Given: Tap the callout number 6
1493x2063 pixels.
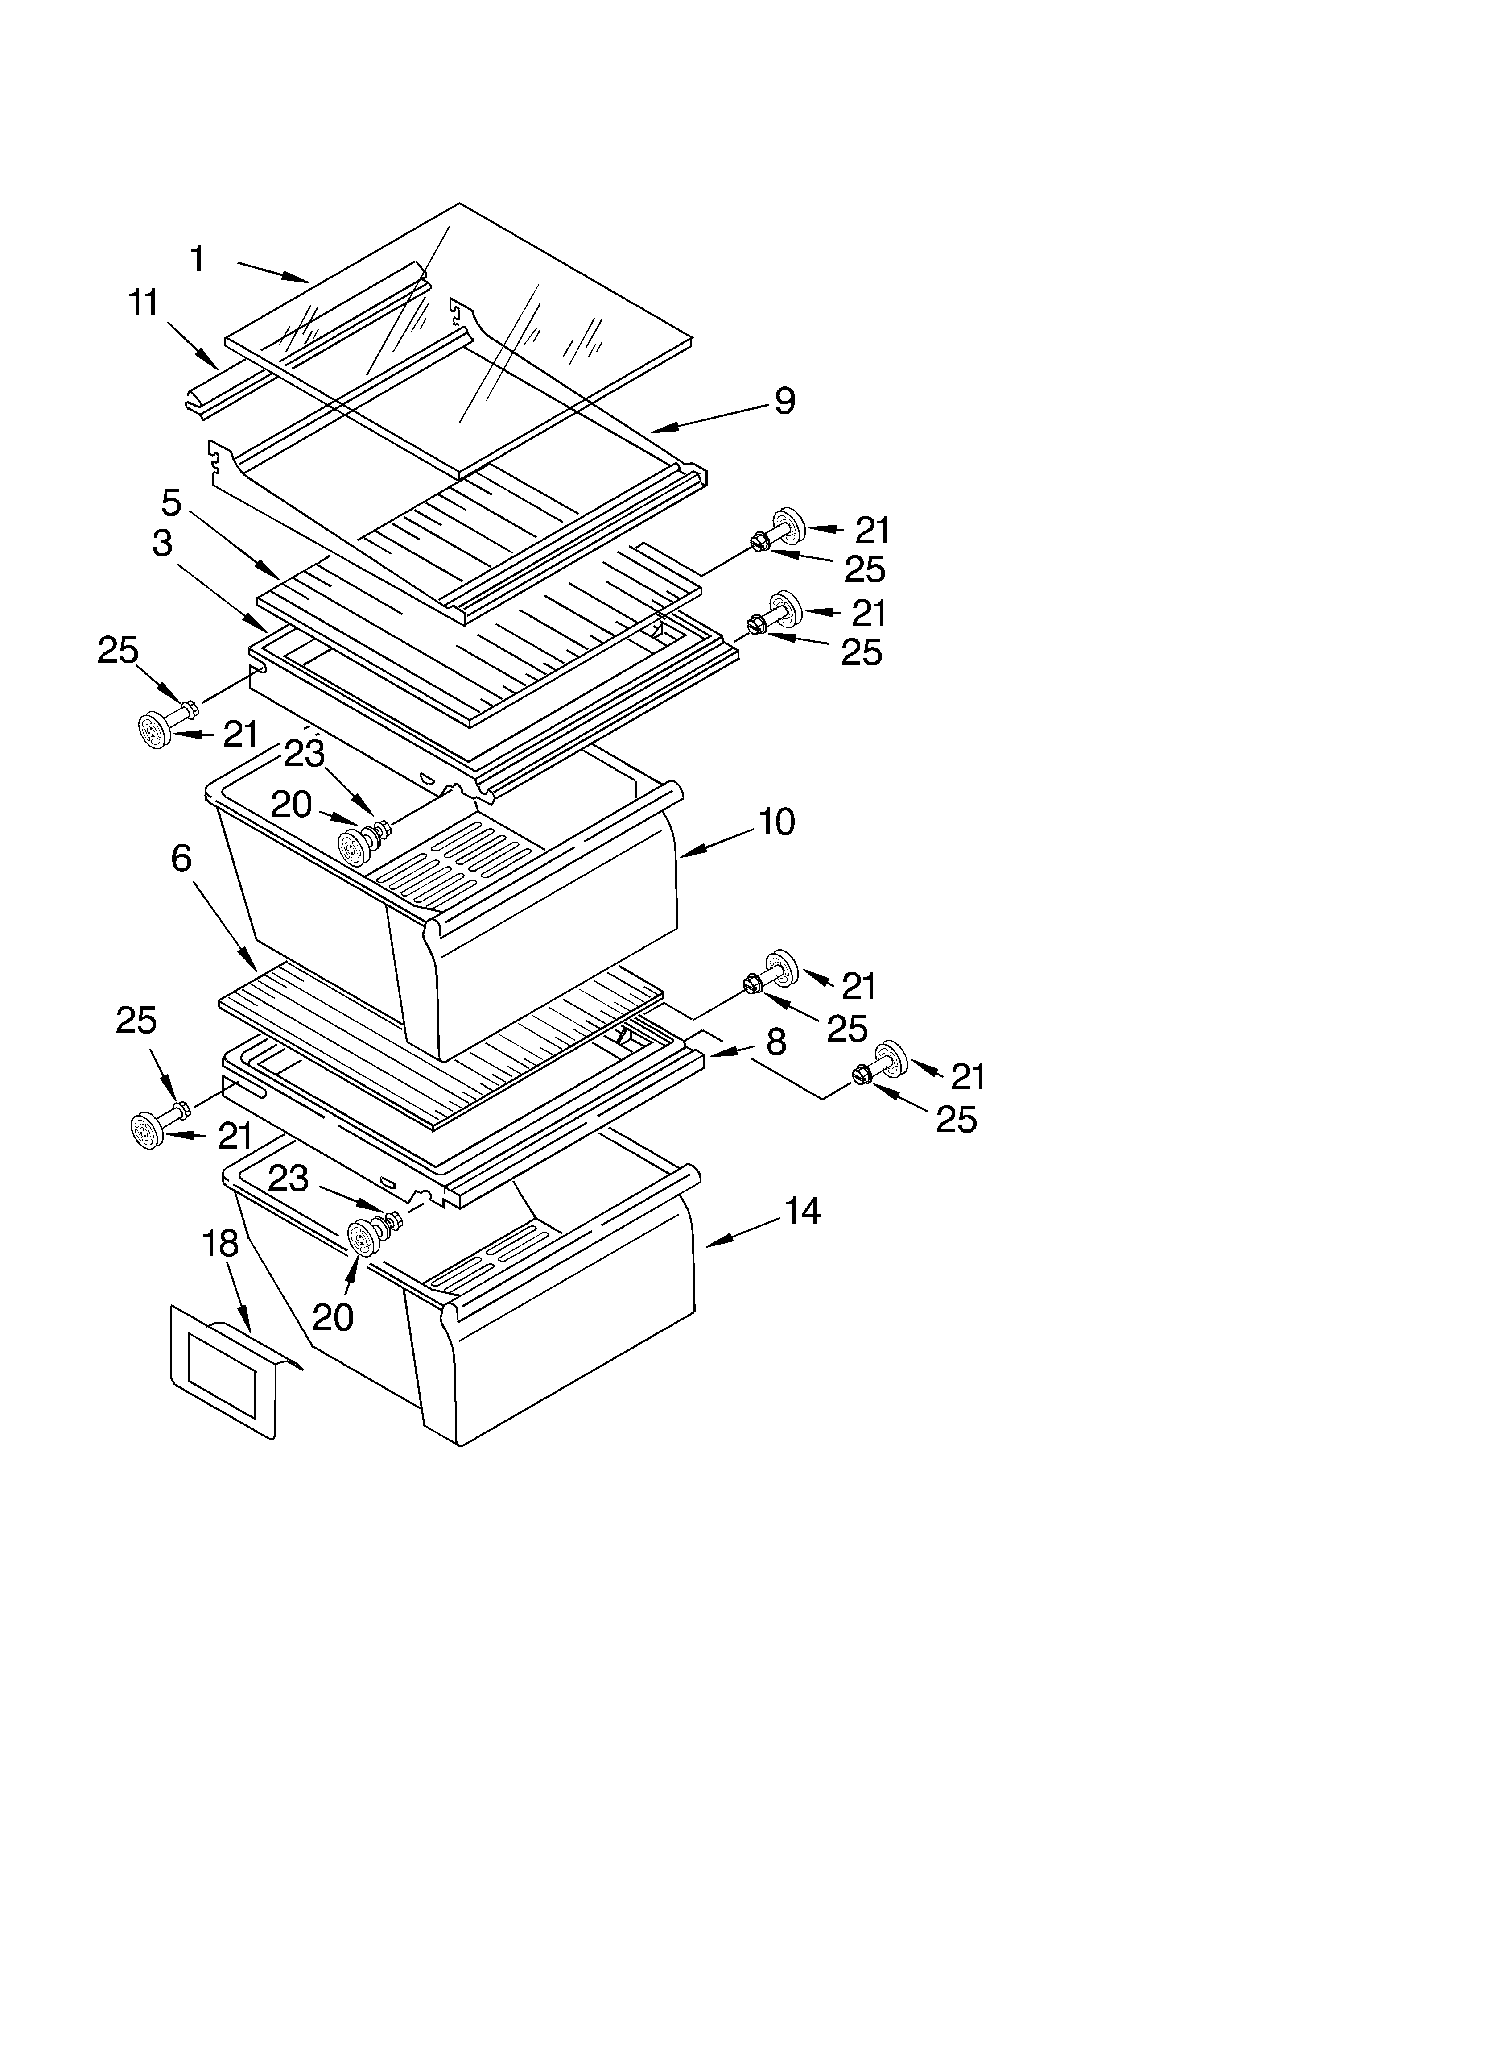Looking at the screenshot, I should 182,858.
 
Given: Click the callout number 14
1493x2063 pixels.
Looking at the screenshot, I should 803,1211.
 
